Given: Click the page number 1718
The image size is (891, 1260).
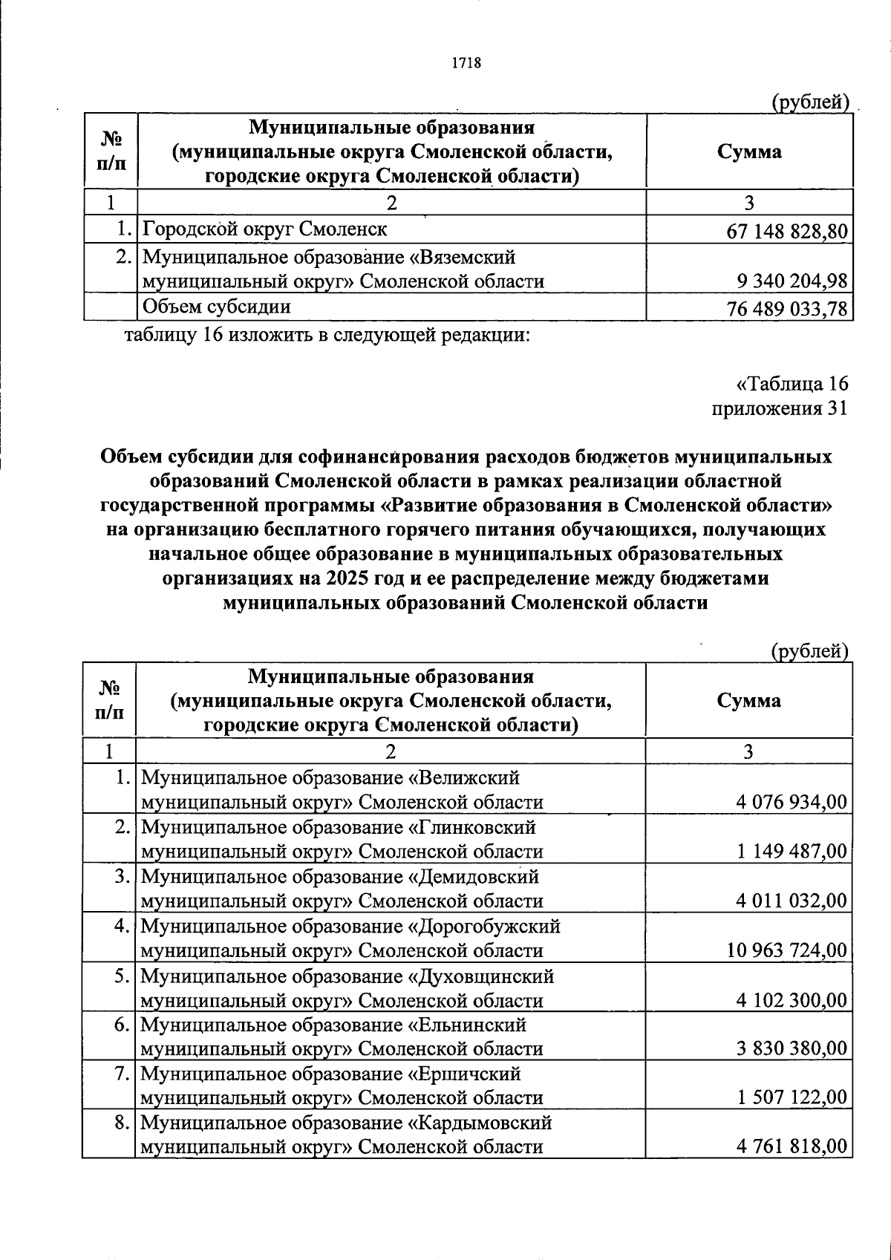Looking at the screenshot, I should tap(467, 63).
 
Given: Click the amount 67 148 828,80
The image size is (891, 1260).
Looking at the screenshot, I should tap(787, 231).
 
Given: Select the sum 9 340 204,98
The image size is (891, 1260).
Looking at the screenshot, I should tap(792, 281).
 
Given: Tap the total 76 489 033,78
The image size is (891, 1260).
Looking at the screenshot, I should tap(787, 308).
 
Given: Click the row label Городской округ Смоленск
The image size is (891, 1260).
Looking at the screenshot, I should tap(264, 229).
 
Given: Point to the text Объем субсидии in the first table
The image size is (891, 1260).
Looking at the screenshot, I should tap(216, 307).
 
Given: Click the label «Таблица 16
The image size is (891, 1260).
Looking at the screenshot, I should tap(792, 384).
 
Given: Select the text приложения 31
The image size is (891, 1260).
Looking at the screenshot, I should tap(779, 408).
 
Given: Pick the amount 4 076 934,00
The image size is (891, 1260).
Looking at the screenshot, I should tap(792, 802).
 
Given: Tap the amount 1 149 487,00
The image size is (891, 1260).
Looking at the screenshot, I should tap(792, 852).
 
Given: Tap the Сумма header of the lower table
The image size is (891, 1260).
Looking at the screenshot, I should tap(749, 700).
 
